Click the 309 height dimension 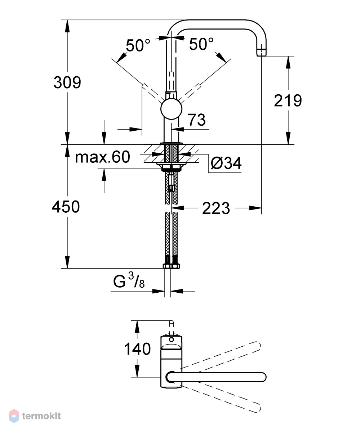tap(67, 82)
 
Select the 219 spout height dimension tap(288, 100)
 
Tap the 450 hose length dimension tap(66, 207)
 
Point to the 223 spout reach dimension tap(216, 208)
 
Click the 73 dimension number tap(197, 120)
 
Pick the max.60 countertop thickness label tap(102, 157)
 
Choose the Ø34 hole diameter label tap(226, 163)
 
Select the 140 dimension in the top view tap(137, 349)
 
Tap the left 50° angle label tap(138, 45)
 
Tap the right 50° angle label tap(201, 44)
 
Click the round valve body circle tap(171, 109)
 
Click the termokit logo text tap(41, 416)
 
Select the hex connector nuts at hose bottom tap(171, 266)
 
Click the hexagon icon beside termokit tap(14, 416)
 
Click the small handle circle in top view tap(171, 339)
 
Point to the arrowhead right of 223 tap(255, 208)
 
